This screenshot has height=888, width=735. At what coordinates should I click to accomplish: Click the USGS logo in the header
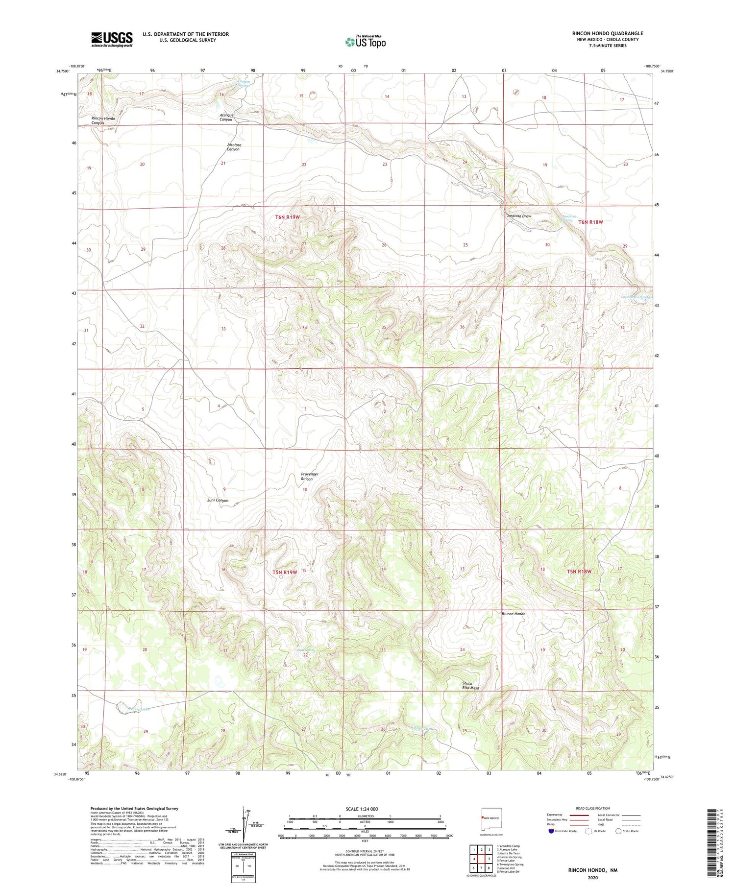tap(112, 39)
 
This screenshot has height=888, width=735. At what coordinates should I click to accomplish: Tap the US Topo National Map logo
tap(365, 42)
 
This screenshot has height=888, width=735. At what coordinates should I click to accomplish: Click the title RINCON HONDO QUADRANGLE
tap(607, 33)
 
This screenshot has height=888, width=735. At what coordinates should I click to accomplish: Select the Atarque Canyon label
tap(226, 117)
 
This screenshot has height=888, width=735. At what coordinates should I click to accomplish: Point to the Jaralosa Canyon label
tap(234, 147)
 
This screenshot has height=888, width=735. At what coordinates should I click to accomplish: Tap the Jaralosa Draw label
tap(519, 216)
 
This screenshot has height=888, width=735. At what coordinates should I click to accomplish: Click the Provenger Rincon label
tap(309, 477)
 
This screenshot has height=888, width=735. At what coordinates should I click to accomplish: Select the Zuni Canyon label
tap(216, 500)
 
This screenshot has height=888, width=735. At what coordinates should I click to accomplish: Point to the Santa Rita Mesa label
tap(470, 685)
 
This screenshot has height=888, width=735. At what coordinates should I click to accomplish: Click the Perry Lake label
tap(138, 709)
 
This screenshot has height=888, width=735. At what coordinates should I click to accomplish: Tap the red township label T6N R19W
tap(287, 216)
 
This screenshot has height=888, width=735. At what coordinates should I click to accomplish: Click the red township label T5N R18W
tap(579, 572)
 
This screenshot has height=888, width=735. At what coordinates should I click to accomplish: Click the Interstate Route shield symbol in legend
tap(551, 831)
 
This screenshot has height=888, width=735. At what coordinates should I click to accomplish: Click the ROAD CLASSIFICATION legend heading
tap(592, 808)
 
